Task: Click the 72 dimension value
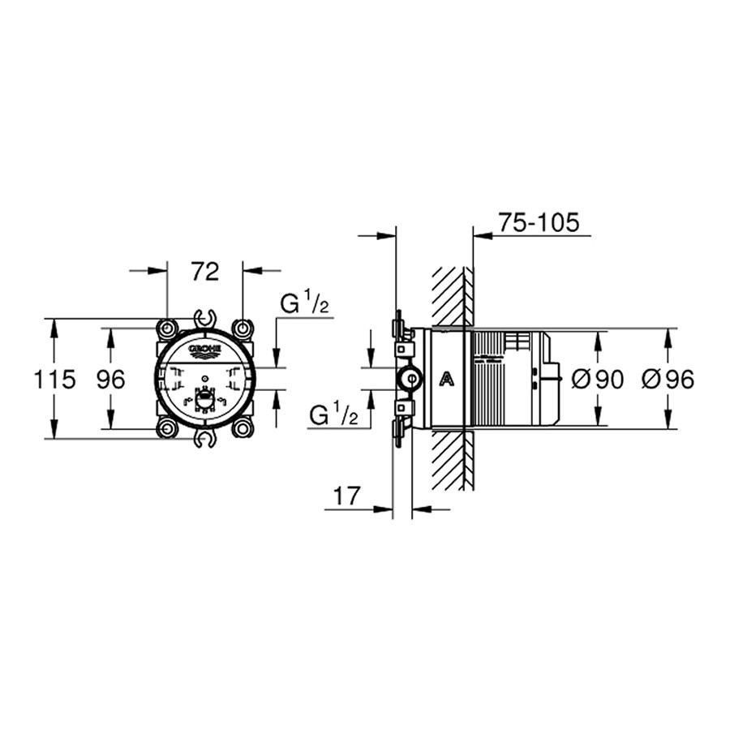(x=205, y=272)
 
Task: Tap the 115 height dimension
(x=54, y=380)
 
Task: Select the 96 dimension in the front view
(x=111, y=380)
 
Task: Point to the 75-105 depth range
(x=539, y=222)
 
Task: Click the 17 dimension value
(x=347, y=496)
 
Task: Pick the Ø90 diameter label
(x=597, y=380)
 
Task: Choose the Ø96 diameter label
(x=668, y=380)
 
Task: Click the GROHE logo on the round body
(x=205, y=350)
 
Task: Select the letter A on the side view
(x=447, y=379)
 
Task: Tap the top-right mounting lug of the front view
(x=243, y=328)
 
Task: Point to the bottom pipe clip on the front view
(x=205, y=439)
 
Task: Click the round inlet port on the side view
(x=410, y=379)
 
